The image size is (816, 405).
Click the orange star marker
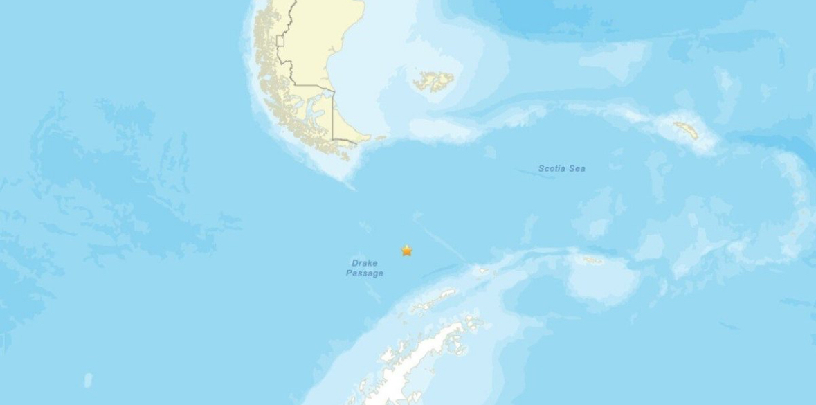click(x=407, y=251)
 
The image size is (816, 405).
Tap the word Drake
click(x=365, y=263)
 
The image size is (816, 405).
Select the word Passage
click(x=365, y=273)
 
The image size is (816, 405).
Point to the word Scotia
click(x=552, y=168)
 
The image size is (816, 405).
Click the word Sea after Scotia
click(x=577, y=168)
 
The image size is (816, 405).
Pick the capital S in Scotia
click(x=541, y=168)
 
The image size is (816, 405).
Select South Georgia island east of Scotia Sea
click(x=687, y=130)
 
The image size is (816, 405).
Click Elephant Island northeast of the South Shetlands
click(x=482, y=271)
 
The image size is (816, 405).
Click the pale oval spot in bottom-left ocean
click(x=88, y=379)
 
